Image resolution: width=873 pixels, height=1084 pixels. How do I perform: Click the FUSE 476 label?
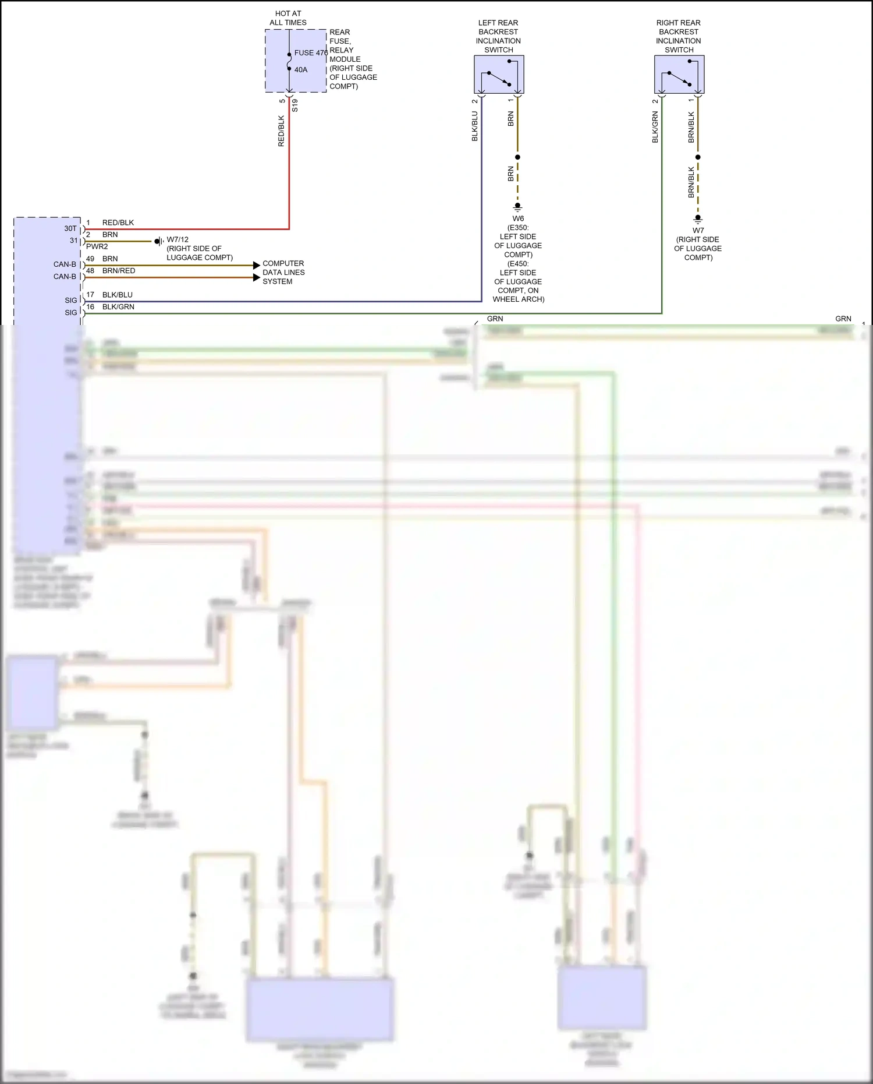click(x=311, y=53)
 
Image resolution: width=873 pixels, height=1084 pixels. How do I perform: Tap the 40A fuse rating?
click(x=301, y=70)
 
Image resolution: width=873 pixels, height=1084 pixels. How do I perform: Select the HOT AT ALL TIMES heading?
click(x=288, y=18)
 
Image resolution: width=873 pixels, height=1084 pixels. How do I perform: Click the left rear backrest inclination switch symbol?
click(x=499, y=75)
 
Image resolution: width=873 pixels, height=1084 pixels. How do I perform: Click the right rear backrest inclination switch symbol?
click(x=679, y=75)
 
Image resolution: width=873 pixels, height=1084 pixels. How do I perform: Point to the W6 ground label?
click(x=518, y=219)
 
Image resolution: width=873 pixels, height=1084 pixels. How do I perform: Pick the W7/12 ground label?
click(x=178, y=239)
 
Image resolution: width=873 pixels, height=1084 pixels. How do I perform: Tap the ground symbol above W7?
click(x=698, y=220)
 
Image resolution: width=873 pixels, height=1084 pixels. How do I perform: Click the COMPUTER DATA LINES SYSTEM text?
click(x=283, y=272)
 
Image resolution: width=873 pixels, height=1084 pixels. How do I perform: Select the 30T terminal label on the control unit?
click(x=70, y=228)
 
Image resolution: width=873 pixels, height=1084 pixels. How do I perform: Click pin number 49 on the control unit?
click(x=90, y=259)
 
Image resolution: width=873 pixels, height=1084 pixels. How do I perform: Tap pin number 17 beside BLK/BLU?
click(x=90, y=295)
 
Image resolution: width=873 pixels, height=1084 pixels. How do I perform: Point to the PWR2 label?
click(x=97, y=247)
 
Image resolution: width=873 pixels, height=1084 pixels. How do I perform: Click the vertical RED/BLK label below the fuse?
click(x=282, y=131)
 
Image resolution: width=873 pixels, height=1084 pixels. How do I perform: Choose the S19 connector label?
click(x=295, y=105)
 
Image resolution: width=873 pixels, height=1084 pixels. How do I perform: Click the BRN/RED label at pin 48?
click(x=119, y=271)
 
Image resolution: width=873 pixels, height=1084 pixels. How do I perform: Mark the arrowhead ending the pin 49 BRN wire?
click(x=257, y=266)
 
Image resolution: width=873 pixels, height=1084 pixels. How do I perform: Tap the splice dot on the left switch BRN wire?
click(x=517, y=157)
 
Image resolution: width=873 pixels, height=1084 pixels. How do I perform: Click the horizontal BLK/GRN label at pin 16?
click(x=118, y=307)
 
